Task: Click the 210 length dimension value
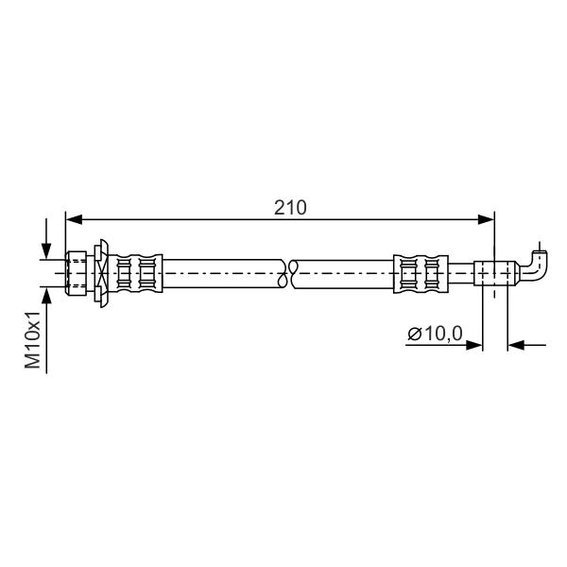[290, 208]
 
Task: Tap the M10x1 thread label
[33, 340]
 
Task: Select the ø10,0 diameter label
[435, 333]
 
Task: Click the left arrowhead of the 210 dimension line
[74, 219]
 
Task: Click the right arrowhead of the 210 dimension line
[486, 219]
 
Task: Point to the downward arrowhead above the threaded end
[46, 251]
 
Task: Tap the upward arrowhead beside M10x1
[46, 296]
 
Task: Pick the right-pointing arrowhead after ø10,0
[474, 345]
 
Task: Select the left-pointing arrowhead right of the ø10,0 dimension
[516, 345]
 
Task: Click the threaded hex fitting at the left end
[77, 273]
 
